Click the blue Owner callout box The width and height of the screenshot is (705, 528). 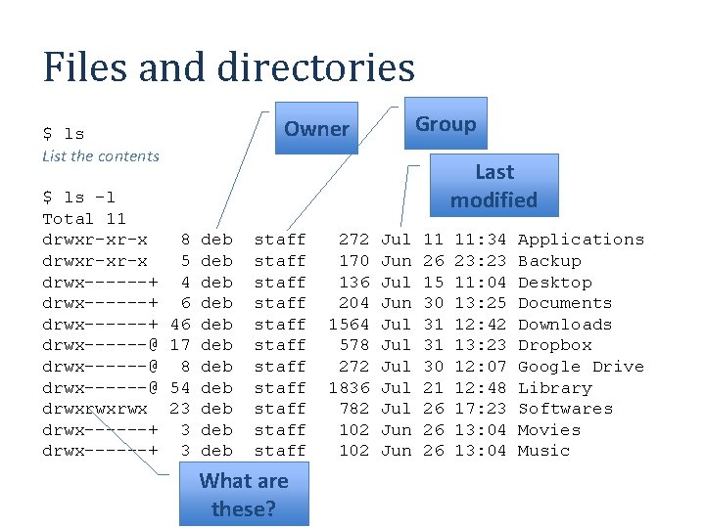click(315, 129)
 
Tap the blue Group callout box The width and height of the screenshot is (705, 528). click(446, 124)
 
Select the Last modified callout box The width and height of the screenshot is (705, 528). click(493, 186)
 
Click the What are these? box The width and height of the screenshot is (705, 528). click(244, 495)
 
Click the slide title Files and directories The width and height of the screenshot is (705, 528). click(229, 67)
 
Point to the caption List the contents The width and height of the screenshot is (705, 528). click(101, 156)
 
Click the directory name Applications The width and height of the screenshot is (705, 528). click(581, 240)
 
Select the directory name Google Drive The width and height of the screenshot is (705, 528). click(581, 367)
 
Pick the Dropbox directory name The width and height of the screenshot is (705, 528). click(554, 345)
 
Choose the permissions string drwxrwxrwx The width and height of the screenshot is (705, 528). click(95, 409)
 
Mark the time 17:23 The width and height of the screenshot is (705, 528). click(481, 409)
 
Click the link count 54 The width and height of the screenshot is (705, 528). click(180, 388)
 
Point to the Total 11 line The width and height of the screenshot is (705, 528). click(84, 219)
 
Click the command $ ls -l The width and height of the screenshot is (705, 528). click(79, 198)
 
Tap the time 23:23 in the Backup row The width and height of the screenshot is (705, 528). click(481, 261)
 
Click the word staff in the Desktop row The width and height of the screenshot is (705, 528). click(280, 283)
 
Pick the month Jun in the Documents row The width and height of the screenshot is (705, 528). click(396, 303)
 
